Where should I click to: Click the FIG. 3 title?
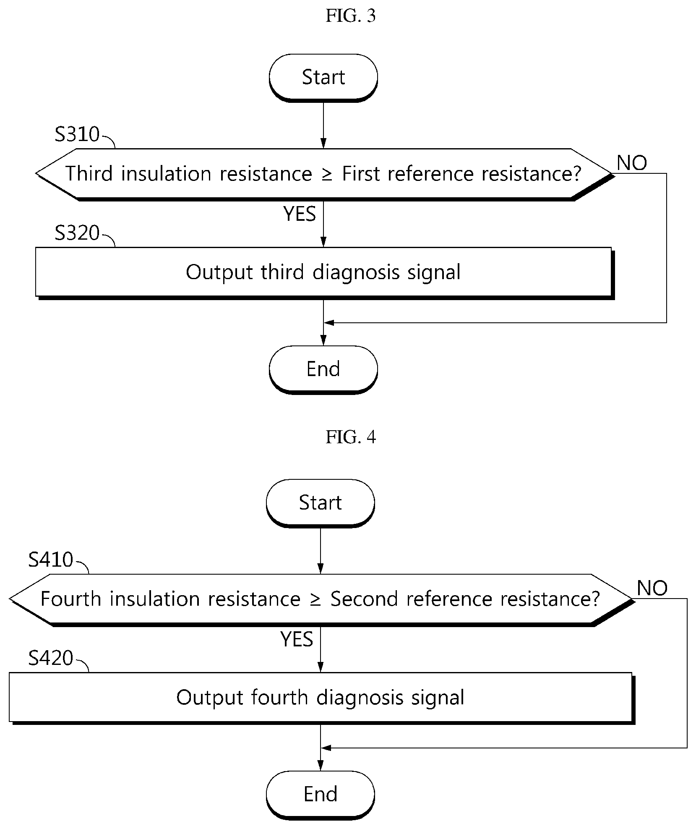pos(350,16)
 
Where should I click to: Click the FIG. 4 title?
pos(351,437)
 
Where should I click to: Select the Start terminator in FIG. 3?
pos(323,78)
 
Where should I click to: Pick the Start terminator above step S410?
pos(321,503)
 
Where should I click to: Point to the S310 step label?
pos(77,134)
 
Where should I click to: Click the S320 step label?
pos(77,233)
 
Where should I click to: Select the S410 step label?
pos(51,560)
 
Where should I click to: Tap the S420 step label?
pos(51,658)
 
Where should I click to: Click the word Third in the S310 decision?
pos(89,173)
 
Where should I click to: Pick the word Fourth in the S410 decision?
pos(71,599)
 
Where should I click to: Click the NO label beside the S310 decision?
pos(632,163)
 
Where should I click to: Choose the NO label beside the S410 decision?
pos(652,588)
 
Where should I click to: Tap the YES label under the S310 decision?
pos(300,214)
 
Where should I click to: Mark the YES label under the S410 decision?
pos(297,639)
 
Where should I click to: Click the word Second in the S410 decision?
pos(364,599)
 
